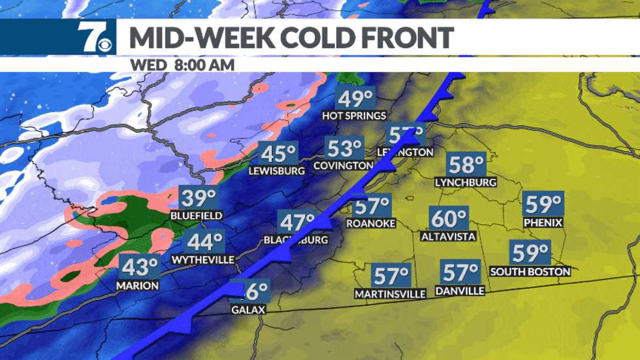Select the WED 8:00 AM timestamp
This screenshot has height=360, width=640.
182,65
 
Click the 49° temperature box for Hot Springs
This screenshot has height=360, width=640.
355,99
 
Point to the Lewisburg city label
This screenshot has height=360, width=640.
277,171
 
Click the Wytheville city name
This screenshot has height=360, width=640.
202,259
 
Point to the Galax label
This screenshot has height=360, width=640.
249,309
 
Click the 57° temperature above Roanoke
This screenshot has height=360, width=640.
372,207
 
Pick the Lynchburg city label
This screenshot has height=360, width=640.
466,182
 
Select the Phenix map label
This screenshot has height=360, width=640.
543,223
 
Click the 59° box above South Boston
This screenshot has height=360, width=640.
530,253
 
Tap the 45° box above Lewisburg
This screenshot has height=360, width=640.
278,154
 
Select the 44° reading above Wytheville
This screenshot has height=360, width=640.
205,242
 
